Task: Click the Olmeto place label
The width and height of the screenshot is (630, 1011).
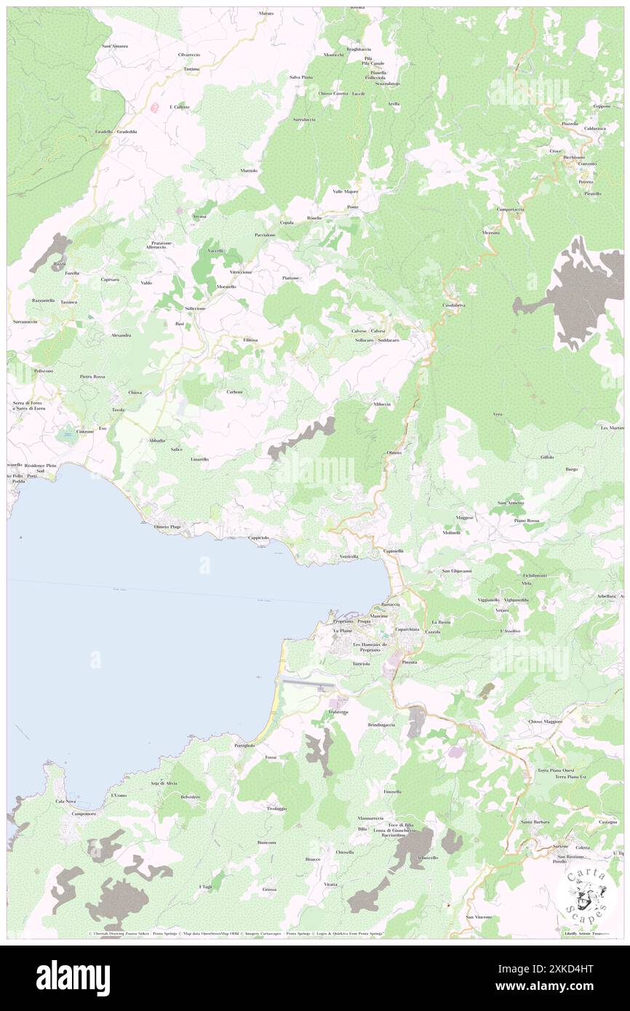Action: (x=394, y=452)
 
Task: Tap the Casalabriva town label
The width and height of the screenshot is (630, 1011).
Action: (x=453, y=305)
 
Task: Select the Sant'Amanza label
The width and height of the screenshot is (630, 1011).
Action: (x=115, y=46)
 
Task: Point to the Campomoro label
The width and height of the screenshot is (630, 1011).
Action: (x=84, y=813)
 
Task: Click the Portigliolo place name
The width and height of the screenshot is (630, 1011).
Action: (x=244, y=746)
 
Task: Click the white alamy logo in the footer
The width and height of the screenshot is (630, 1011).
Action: (x=73, y=978)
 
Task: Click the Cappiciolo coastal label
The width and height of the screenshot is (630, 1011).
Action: (x=259, y=538)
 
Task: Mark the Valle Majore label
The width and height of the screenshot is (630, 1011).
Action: (x=346, y=191)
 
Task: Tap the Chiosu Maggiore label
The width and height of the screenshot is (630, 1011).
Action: (x=546, y=721)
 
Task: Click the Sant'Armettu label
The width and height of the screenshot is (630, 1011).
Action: (x=511, y=503)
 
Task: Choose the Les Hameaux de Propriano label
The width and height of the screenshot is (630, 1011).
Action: (x=372, y=647)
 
